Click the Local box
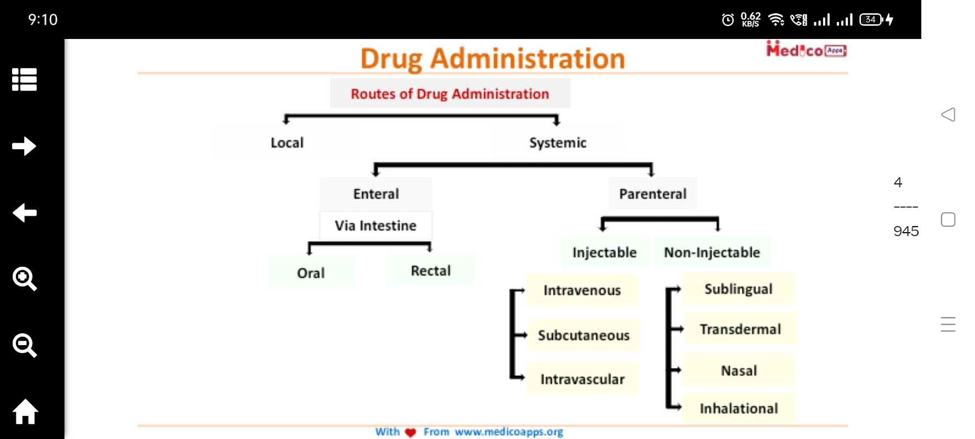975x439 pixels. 287,143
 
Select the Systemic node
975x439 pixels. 558,143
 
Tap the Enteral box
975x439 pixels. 376,194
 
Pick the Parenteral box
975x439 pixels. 653,194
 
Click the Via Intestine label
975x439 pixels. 376,226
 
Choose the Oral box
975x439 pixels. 311,273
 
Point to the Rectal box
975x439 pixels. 430,271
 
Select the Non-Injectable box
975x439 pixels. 712,252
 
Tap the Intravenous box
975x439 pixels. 582,290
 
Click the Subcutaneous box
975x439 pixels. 583,335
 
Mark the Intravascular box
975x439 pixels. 582,379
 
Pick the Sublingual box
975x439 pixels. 738,289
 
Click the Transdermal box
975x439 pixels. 740,329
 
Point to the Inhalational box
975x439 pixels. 739,408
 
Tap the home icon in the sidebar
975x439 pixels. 25,412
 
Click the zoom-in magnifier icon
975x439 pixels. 25,279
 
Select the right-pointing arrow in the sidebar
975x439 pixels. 25,146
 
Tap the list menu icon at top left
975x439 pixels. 25,80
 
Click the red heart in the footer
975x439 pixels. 410,432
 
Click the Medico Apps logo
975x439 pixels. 806,50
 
